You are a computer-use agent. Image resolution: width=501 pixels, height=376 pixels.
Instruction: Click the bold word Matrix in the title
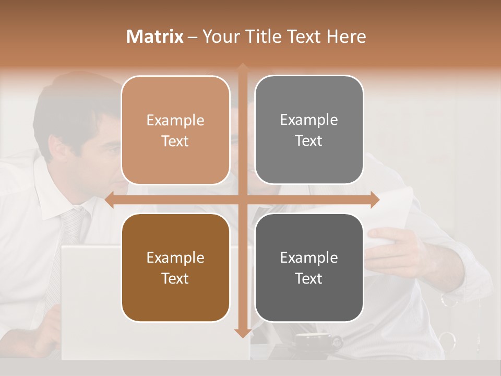155,37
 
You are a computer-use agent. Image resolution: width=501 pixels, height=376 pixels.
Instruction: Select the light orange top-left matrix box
175,131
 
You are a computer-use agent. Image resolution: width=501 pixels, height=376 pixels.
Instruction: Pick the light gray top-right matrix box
309,130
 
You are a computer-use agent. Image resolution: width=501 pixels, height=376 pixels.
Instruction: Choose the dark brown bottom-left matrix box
175,268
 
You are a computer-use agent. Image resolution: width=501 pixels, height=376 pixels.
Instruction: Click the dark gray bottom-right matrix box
309,268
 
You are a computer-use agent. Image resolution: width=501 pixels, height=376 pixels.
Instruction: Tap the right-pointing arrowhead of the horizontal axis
375,200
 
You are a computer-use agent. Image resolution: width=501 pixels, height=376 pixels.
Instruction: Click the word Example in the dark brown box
175,257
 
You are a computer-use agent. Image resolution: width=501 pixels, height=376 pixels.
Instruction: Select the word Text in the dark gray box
309,278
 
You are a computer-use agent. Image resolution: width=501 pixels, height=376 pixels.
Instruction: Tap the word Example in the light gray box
309,120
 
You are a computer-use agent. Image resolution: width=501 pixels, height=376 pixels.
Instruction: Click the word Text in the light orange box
175,141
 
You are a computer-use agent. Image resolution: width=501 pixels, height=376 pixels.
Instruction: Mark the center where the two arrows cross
243,200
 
